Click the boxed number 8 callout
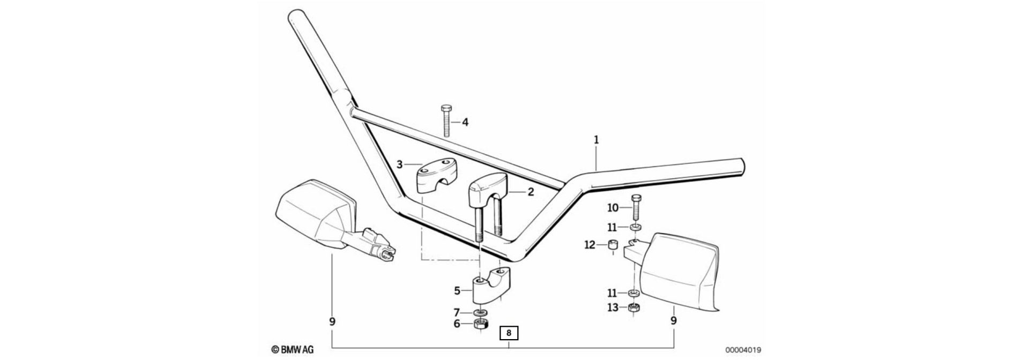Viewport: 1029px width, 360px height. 509,333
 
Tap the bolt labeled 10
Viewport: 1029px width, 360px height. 636,208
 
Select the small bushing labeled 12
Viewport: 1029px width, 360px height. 612,247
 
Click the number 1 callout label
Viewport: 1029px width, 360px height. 596,140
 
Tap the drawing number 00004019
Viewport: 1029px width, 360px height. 743,349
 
